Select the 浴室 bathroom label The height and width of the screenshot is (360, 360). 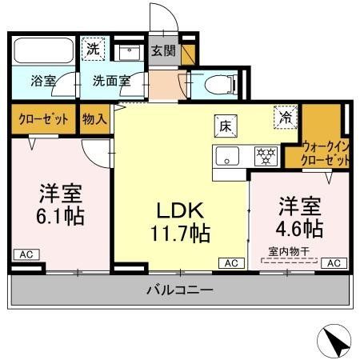point(43,81)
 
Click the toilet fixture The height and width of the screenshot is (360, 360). point(217,83)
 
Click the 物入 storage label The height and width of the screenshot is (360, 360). point(94,118)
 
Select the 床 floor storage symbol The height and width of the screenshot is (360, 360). point(224,125)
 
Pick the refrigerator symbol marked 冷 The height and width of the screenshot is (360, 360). point(285,117)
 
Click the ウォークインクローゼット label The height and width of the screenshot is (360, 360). point(326,153)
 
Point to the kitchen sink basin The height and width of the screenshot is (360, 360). point(227,155)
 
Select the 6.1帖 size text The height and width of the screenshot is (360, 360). point(61,216)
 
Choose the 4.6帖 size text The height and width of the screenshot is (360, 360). point(300,228)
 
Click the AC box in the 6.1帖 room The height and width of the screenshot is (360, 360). point(25,254)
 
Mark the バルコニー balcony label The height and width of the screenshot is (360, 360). point(179,290)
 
